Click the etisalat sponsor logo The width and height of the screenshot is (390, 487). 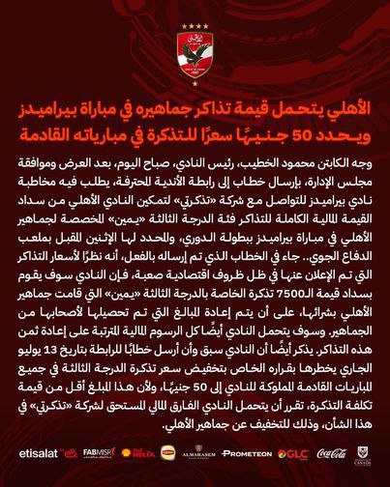tap(35, 454)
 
